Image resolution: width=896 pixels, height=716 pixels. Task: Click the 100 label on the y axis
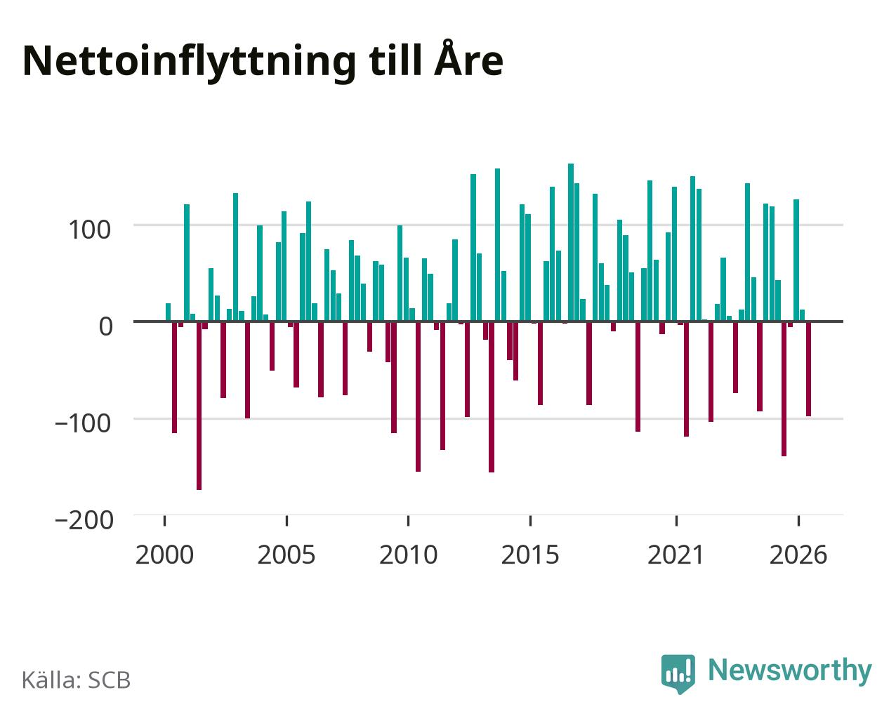tap(90, 230)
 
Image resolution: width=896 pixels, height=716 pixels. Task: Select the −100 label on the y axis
tap(84, 423)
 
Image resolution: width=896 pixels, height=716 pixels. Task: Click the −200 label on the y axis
tap(84, 520)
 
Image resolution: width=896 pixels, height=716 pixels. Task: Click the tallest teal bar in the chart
tap(571, 243)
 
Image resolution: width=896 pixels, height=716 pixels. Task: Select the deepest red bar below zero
tap(199, 406)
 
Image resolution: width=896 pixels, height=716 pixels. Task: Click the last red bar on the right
tap(808, 369)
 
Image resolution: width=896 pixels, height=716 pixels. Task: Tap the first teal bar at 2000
tap(169, 312)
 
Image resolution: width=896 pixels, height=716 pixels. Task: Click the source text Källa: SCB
tap(77, 679)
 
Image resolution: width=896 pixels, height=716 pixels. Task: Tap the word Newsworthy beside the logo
tap(790, 671)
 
